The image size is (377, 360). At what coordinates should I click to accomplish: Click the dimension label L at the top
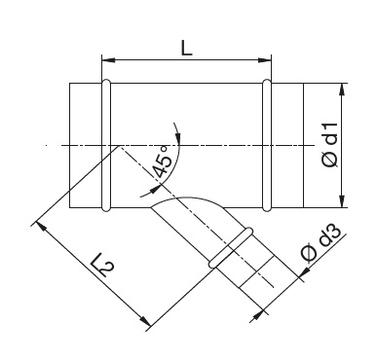tap(186, 49)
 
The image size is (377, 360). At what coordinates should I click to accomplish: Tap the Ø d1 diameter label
tap(331, 145)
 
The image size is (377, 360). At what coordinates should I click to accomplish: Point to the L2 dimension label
tap(105, 264)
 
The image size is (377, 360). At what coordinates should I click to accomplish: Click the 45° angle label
tap(162, 162)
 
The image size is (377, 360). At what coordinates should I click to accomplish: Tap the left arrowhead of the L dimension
tap(108, 60)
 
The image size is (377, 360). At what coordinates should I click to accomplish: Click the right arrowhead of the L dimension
tap(264, 60)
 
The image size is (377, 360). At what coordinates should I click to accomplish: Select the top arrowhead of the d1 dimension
tap(342, 90)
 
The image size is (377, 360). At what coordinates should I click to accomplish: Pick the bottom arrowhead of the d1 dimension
tap(342, 201)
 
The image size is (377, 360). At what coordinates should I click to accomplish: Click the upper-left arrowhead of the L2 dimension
tap(40, 226)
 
